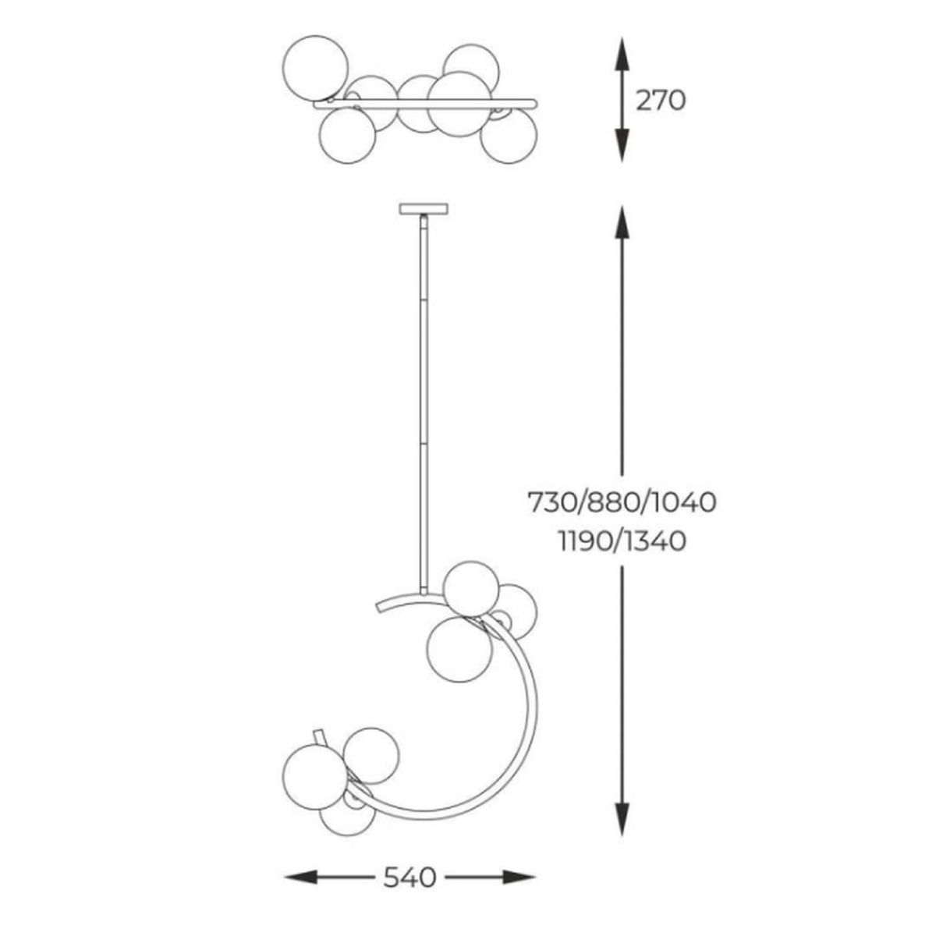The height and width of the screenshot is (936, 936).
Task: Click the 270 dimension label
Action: pos(661,101)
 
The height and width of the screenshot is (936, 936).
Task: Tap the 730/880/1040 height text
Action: pos(622,502)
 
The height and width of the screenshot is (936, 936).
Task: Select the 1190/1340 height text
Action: pos(622,541)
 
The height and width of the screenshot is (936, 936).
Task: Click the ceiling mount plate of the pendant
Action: pos(424,209)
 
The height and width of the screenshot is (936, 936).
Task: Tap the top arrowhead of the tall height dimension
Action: pos(622,222)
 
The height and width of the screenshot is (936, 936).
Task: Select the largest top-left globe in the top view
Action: pos(315,69)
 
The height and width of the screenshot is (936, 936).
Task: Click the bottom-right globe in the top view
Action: pos(509,136)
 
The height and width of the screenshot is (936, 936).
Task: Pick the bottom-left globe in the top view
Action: pos(348,136)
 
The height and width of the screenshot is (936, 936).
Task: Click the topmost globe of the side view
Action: pos(471,589)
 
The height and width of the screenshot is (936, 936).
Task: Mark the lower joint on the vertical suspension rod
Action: pos(424,441)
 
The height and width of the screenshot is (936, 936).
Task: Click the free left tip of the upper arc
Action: pos(378,608)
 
